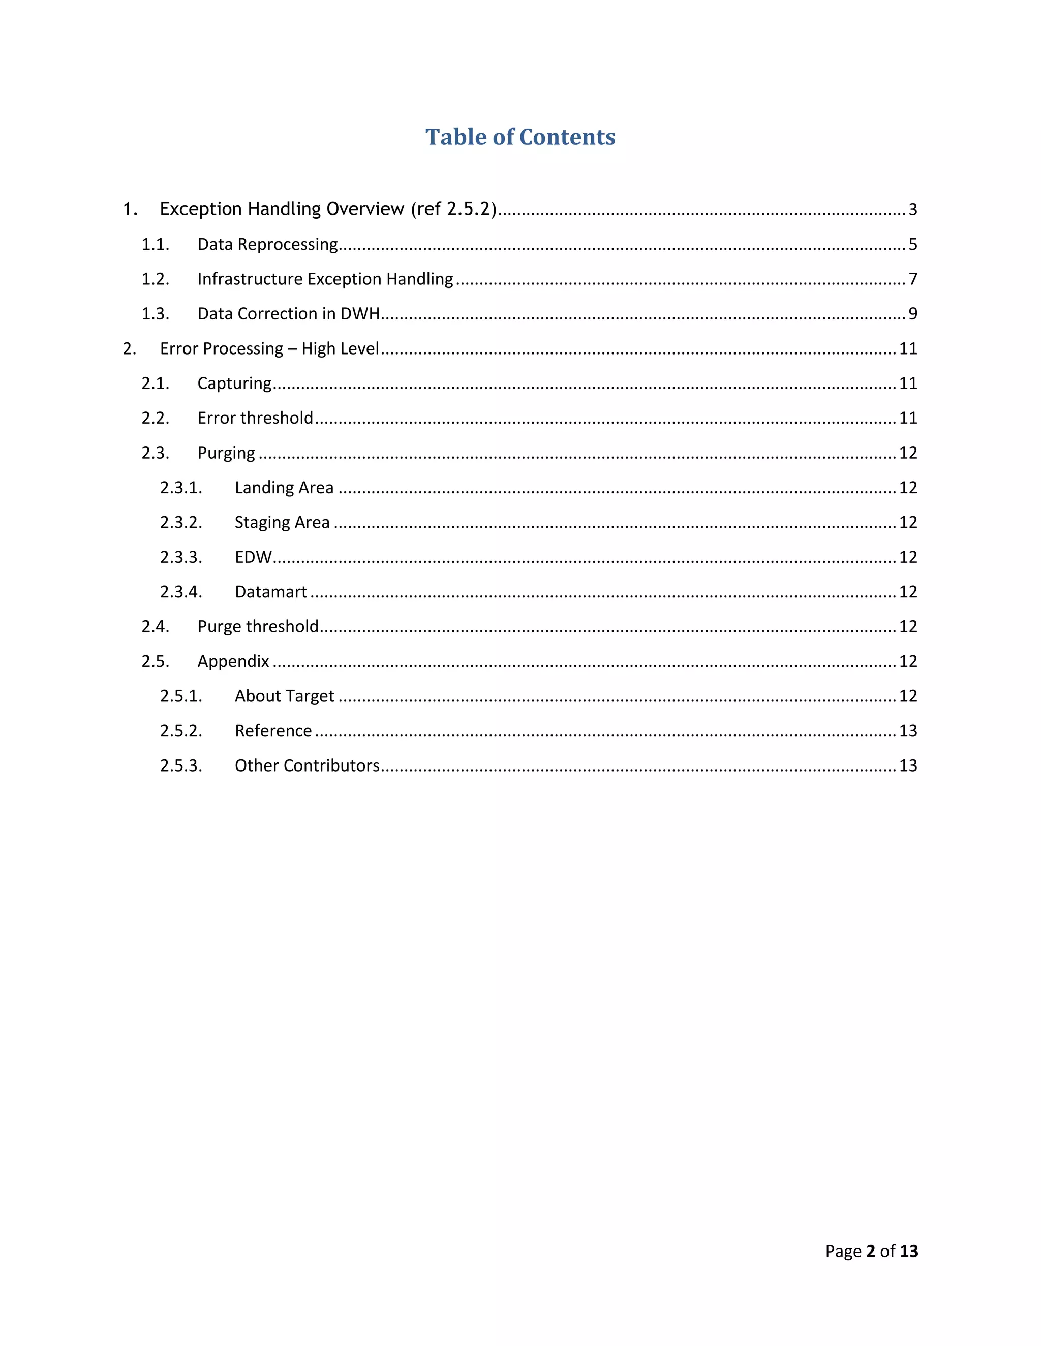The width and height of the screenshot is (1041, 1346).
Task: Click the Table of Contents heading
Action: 520,137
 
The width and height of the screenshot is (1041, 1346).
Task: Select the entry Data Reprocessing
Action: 268,245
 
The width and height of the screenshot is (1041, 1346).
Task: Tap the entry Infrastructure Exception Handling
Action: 325,279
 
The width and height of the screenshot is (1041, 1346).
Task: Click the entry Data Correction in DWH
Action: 288,314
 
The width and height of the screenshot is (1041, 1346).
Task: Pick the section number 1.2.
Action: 156,279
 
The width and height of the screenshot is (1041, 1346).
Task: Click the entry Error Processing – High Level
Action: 269,349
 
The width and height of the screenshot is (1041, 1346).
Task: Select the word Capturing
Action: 234,383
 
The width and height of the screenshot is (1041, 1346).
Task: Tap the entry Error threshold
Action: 255,418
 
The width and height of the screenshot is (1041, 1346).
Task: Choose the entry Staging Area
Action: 282,522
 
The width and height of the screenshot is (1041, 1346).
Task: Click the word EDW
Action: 253,557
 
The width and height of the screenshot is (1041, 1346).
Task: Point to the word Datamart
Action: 271,592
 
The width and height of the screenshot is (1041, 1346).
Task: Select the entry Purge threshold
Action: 258,626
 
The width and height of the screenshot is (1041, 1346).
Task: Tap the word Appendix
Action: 233,661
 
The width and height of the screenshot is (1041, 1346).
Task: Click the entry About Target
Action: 284,696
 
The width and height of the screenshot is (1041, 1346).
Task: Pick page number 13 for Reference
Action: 908,731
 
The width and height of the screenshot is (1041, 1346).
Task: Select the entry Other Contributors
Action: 307,765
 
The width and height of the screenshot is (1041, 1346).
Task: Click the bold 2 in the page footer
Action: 871,1251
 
